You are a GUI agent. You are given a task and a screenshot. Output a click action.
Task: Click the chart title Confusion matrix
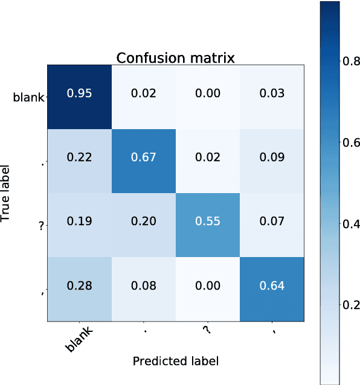pos(175,58)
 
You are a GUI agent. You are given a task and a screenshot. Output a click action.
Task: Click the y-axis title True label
pos(7,194)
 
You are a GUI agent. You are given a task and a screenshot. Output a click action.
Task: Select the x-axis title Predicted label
pos(175,361)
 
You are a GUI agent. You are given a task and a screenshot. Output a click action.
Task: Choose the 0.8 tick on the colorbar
pos(350,60)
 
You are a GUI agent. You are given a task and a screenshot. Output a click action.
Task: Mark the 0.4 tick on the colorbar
pos(350,224)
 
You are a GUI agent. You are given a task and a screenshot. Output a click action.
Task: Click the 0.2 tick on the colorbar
pos(350,305)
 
